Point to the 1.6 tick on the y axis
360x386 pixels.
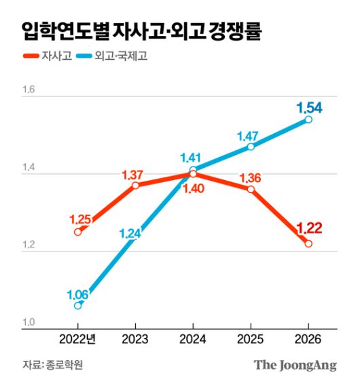(28, 90)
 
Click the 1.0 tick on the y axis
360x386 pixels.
(28, 323)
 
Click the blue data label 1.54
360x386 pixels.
(308, 107)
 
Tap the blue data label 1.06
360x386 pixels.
(79, 294)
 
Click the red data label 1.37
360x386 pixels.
(135, 175)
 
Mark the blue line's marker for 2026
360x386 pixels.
(308, 120)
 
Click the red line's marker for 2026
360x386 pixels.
(308, 243)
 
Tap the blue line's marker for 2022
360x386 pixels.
(78, 306)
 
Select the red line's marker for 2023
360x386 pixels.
(136, 186)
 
